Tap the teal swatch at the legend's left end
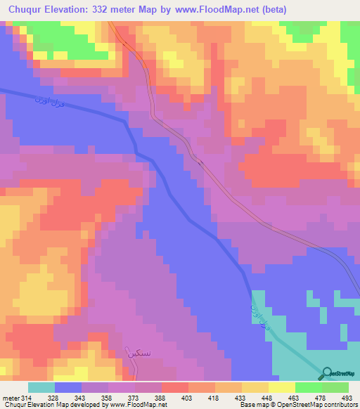pyautogui.click(x=41, y=387)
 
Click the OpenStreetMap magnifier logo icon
pyautogui.click(x=326, y=374)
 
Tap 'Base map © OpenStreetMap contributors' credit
pyautogui.click(x=298, y=405)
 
